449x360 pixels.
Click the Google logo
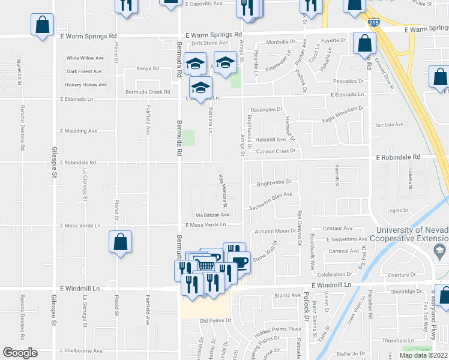(x=20, y=353)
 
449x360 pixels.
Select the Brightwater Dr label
(x=274, y=183)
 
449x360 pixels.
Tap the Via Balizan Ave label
(x=212, y=214)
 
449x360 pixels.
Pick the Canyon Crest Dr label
(x=277, y=151)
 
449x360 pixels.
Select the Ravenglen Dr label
(x=266, y=110)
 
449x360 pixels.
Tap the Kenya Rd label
(x=147, y=68)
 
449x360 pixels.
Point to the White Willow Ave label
(x=85, y=58)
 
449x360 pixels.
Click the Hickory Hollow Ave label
(x=86, y=85)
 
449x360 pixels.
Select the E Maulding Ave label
(x=78, y=131)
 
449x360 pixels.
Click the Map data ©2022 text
(x=423, y=355)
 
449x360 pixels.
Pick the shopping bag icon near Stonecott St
(x=43, y=26)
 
